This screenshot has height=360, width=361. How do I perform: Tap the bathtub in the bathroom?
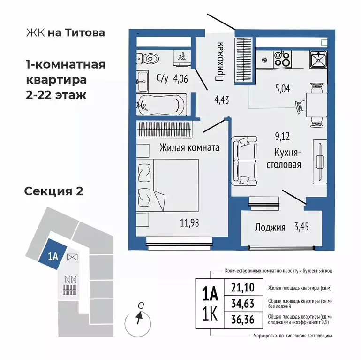point(162,103)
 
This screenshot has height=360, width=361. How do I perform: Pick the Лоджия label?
point(270,228)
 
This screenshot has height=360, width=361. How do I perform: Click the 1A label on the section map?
point(53,256)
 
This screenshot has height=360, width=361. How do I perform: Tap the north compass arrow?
point(138,319)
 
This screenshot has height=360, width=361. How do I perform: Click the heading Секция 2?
point(53,191)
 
